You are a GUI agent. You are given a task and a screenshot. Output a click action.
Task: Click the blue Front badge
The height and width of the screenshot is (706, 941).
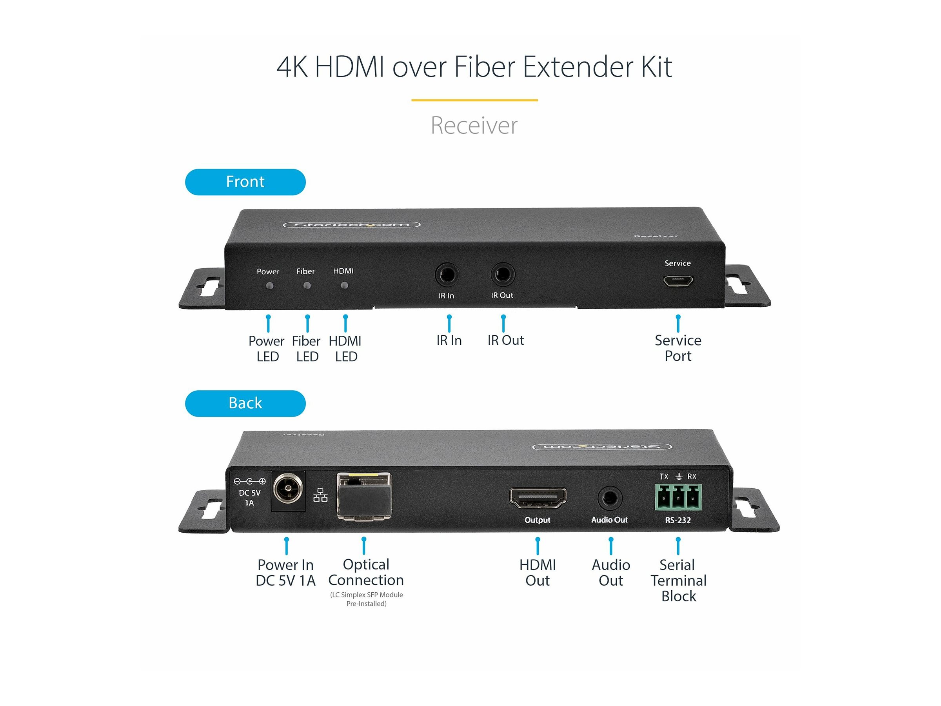(245, 182)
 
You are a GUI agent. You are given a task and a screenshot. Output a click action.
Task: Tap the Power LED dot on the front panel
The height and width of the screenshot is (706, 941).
(269, 286)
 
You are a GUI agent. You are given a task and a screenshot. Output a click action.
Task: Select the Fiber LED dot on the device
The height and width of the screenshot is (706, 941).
(307, 286)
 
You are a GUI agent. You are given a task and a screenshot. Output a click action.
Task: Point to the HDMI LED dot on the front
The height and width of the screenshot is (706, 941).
(344, 285)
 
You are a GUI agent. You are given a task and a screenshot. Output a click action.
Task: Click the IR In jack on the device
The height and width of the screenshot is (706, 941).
(447, 275)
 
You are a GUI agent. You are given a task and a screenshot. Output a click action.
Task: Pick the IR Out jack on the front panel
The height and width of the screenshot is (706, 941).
(502, 275)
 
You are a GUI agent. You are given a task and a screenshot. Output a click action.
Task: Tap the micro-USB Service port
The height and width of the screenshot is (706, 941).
(678, 281)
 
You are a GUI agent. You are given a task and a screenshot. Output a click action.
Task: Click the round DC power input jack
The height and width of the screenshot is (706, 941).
(288, 489)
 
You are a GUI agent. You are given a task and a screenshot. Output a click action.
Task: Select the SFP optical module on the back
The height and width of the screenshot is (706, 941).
(364, 496)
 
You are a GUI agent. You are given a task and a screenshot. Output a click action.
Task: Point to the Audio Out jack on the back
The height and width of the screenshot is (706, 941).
(610, 498)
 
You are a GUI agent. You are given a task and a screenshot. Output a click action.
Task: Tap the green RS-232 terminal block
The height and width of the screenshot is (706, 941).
(678, 497)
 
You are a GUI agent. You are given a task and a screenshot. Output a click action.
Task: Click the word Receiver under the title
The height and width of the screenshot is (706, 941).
(474, 126)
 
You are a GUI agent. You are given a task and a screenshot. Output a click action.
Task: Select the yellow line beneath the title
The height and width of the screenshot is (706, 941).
(474, 100)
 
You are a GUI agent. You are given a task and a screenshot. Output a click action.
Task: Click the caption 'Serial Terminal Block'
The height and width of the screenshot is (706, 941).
(678, 580)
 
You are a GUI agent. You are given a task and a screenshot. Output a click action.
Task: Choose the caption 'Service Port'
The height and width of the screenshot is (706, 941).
(678, 348)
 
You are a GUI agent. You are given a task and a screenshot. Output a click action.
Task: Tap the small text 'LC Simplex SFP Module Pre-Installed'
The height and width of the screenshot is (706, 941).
(366, 599)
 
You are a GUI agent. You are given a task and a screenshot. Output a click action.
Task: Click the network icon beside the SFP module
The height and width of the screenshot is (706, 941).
(320, 495)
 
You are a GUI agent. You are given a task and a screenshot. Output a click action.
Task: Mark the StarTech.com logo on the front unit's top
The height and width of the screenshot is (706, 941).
(351, 225)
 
